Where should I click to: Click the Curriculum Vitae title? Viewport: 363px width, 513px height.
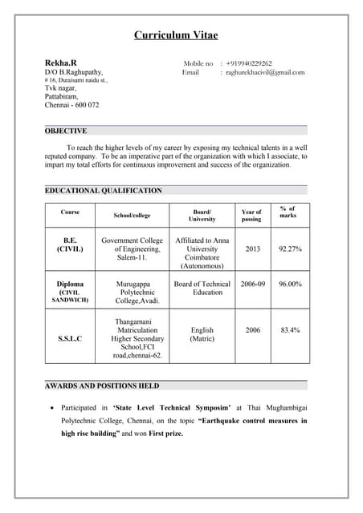176,35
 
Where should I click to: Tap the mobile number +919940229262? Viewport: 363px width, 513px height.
249,63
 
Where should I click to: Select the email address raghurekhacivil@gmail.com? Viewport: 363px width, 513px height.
265,73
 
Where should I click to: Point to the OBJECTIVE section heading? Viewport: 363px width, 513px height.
66,131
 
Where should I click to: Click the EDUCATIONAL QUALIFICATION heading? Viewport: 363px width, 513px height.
103,191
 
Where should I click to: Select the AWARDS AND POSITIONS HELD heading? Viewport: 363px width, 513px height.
102,386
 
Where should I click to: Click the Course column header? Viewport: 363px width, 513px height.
70,212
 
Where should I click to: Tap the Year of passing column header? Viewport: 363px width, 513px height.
251,216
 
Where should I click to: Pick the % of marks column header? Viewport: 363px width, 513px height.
288,212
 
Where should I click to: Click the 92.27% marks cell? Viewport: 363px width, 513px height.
290,249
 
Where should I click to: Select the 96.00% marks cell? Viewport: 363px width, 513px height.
290,284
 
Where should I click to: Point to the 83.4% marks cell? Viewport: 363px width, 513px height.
290,329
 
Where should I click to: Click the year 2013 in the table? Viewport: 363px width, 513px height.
252,249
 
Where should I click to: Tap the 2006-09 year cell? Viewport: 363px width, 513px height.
252,284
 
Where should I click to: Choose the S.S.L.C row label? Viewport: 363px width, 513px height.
70,338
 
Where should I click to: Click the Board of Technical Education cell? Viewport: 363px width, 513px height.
202,288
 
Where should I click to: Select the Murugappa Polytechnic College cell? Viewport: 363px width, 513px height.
132,292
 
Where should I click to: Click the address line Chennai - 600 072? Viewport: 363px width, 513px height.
72,105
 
